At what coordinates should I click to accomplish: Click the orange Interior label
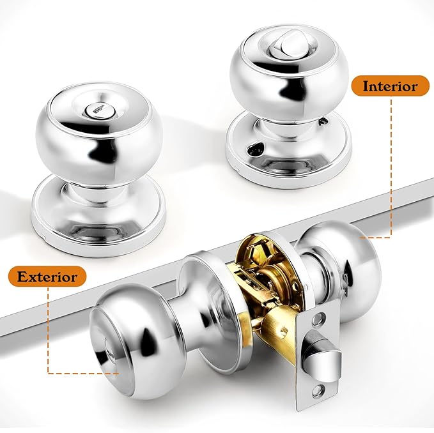pos(391,86)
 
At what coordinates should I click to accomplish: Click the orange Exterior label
pos(47,277)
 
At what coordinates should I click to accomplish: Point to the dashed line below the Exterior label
pos(48,332)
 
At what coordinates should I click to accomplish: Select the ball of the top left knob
pos(98,137)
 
